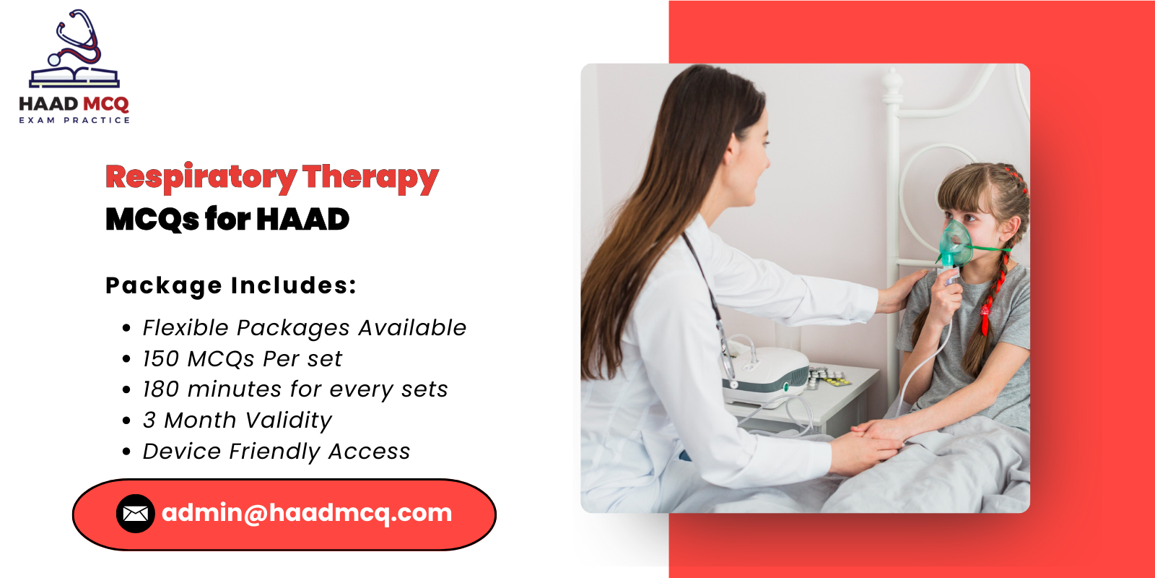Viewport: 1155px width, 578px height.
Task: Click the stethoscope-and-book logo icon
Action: [x=74, y=51]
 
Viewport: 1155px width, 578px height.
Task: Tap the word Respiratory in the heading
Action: [x=201, y=178]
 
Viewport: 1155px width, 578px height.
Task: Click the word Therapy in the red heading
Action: [x=370, y=178]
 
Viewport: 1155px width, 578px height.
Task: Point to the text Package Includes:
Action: [x=231, y=285]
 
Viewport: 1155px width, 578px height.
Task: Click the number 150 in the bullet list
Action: [x=160, y=359]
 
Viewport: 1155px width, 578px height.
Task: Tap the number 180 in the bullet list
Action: [x=160, y=389]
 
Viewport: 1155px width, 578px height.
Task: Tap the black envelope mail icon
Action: [x=136, y=514]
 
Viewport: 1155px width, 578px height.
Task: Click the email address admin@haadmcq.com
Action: [x=307, y=513]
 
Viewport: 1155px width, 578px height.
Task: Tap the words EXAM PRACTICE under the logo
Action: [x=74, y=120]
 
